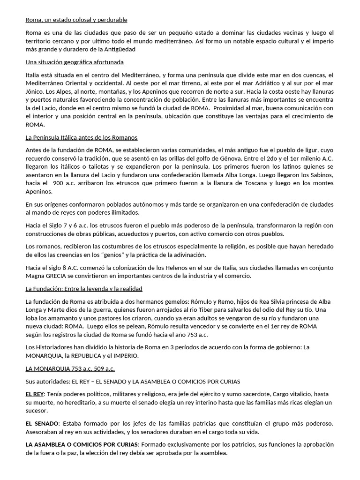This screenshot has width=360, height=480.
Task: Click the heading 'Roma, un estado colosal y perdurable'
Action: (x=76, y=20)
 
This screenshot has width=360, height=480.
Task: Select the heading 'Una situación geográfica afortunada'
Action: (x=75, y=62)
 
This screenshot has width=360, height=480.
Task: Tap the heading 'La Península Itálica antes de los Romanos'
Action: (x=82, y=137)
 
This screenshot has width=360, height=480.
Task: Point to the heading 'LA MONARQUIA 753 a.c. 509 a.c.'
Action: (x=70, y=368)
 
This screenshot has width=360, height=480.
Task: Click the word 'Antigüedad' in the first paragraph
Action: (x=119, y=49)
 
